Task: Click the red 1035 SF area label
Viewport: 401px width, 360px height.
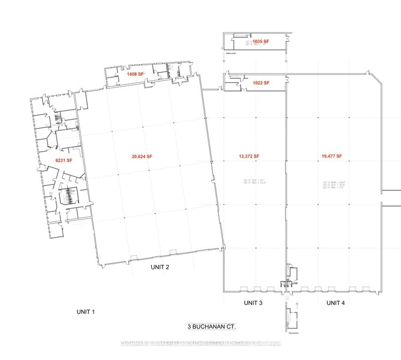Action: tap(260, 41)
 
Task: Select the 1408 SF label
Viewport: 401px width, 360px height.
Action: tap(135, 74)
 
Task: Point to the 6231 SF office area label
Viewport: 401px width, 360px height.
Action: tap(64, 159)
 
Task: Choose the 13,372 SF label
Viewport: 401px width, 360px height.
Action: tap(249, 156)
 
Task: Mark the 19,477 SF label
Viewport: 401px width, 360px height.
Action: tap(331, 156)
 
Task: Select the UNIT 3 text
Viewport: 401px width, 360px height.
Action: tap(253, 303)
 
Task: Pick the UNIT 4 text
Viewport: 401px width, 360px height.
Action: tap(335, 303)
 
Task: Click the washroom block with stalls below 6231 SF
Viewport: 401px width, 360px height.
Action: tap(68, 197)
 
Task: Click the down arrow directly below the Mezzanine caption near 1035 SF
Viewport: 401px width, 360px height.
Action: tap(225, 60)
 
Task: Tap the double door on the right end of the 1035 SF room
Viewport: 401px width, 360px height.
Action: tap(288, 39)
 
